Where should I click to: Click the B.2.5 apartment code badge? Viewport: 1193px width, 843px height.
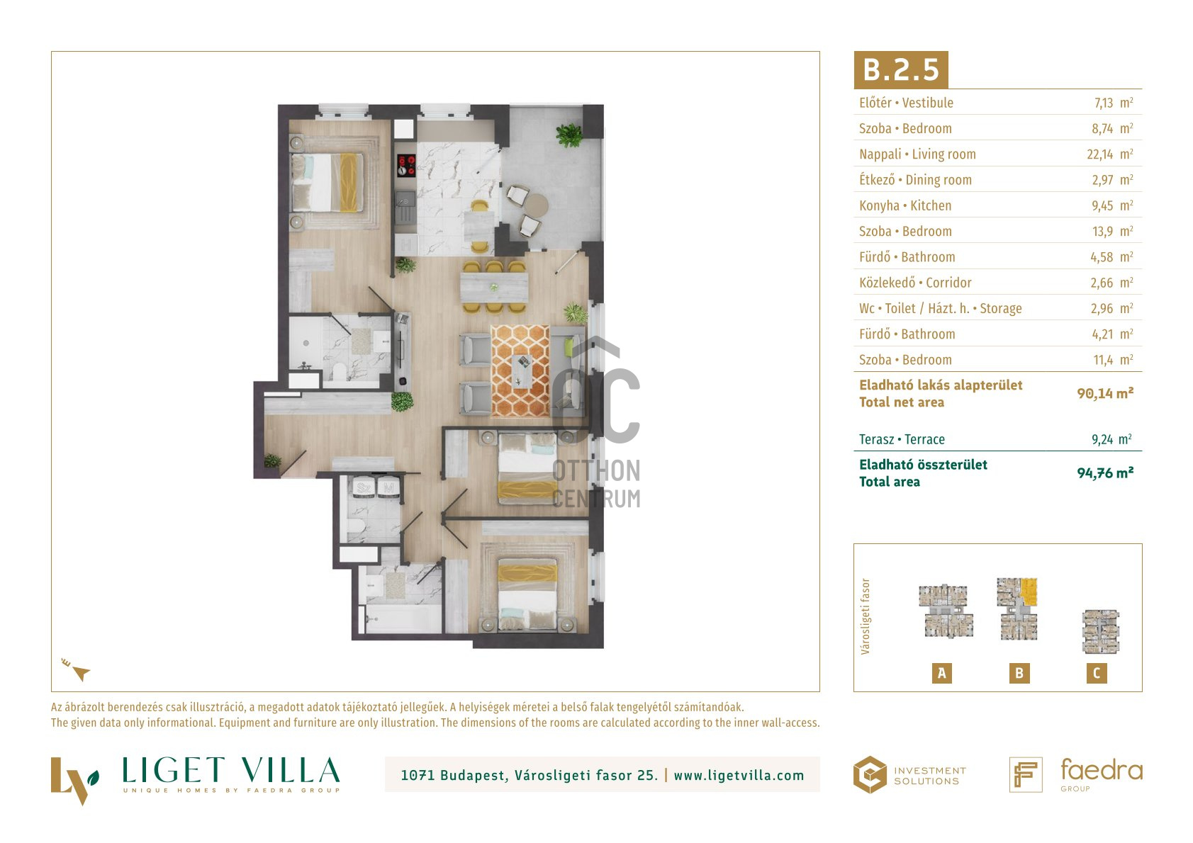click(x=901, y=69)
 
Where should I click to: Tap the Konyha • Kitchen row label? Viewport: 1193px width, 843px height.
click(x=905, y=205)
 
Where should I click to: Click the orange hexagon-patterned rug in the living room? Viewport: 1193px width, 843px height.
click(x=520, y=370)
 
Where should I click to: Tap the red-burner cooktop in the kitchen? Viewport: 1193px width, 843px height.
click(x=406, y=166)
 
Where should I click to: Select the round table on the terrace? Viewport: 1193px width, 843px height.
click(x=535, y=205)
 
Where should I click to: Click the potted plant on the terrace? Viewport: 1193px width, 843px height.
click(x=569, y=135)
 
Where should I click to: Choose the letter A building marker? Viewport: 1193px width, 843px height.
click(x=941, y=673)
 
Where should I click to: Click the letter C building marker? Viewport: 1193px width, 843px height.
click(x=1097, y=673)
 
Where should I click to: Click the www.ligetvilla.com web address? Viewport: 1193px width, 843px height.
click(x=739, y=776)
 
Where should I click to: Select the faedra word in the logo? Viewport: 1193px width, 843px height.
click(x=1102, y=770)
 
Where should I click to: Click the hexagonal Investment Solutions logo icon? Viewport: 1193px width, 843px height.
click(x=870, y=775)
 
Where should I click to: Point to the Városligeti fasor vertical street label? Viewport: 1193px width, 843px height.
click(x=865, y=616)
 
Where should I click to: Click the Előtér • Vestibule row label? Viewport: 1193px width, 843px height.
click(x=906, y=103)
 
